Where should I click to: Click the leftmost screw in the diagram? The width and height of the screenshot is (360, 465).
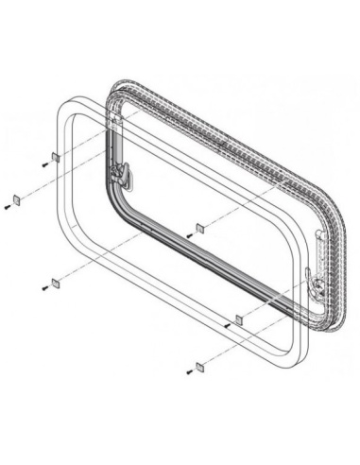click(8, 205)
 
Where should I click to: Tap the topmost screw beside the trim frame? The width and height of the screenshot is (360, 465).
click(45, 163)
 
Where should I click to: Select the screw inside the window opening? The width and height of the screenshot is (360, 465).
click(189, 233)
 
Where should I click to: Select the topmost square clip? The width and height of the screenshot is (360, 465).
click(56, 156)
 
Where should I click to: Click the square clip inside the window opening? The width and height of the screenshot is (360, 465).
click(199, 227)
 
